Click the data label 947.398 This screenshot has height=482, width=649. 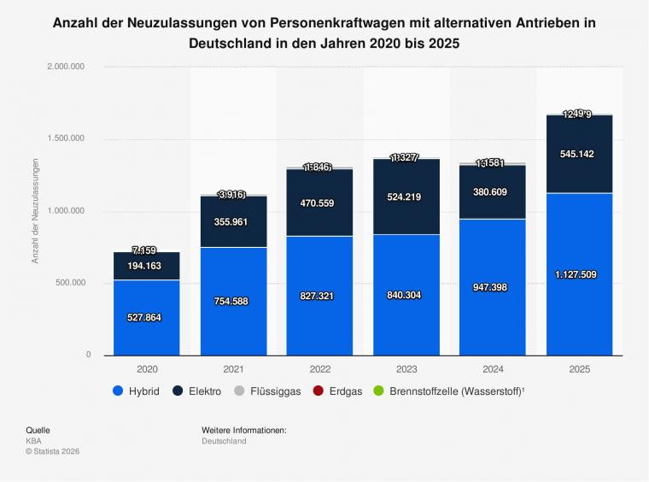(492, 287)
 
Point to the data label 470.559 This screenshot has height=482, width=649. (319, 203)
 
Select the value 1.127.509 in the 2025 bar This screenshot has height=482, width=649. (579, 275)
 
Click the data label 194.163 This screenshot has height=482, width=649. (146, 267)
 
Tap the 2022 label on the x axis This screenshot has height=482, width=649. (319, 370)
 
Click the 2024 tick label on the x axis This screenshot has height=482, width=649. (492, 370)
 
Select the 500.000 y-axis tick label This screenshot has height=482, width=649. (68, 283)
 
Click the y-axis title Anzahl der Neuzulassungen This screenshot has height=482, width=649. (36, 210)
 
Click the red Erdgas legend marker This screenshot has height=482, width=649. (319, 391)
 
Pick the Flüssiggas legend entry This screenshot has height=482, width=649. (266, 391)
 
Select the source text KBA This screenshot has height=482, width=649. (33, 441)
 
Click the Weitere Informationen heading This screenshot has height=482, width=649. (244, 430)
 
